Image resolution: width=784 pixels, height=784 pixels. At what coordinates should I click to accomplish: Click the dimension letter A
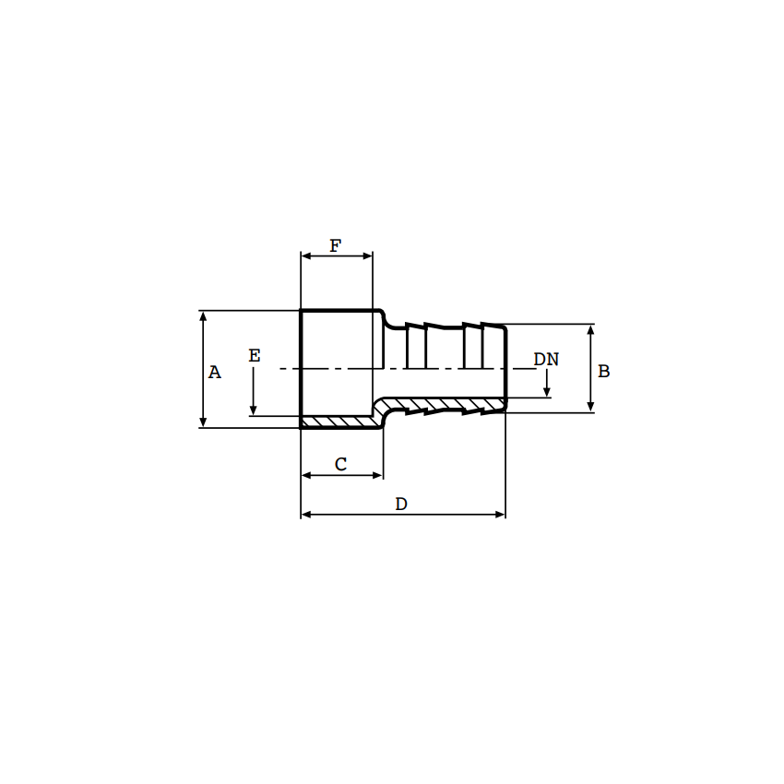point(215,373)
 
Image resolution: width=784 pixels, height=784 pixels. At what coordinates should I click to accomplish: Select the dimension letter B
point(604,372)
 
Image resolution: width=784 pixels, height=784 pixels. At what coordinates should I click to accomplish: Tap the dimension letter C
point(340,465)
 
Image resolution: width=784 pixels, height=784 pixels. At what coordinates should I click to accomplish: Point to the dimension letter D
point(401,505)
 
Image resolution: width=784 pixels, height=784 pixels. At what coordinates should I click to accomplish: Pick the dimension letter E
point(255,356)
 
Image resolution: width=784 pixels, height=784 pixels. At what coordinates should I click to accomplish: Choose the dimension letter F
point(336,246)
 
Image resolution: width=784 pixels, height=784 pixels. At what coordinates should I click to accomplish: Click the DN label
point(546,360)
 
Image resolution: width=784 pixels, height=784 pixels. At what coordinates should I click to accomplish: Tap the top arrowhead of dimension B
point(590,329)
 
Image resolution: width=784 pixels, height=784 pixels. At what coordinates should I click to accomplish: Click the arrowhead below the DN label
point(547,392)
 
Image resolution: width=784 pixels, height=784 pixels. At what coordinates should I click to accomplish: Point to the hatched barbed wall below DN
point(443,405)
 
